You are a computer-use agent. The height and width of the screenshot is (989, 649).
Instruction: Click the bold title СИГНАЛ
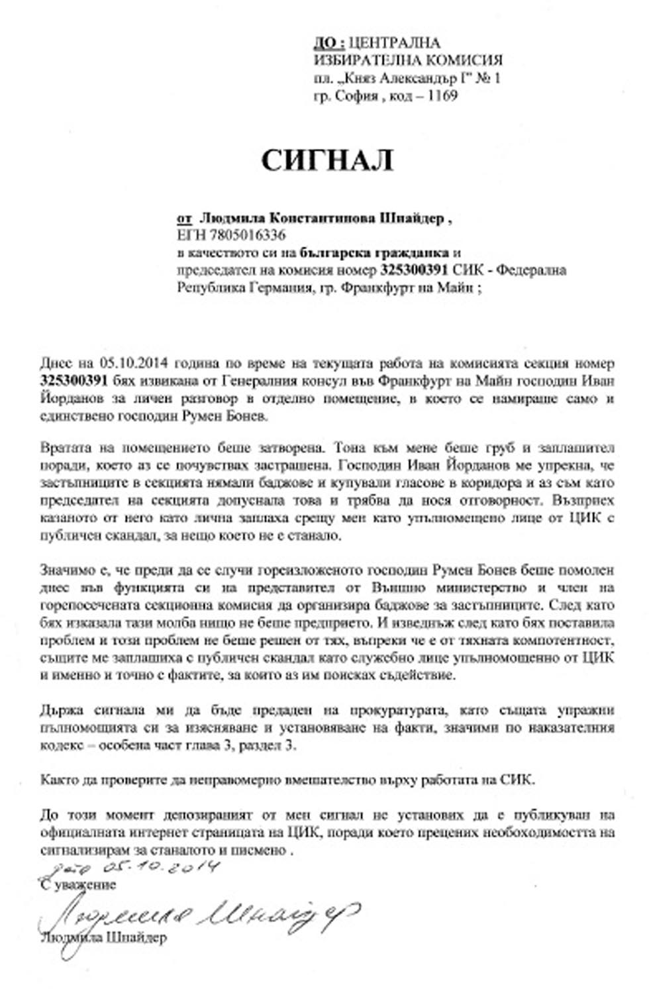pos(327,160)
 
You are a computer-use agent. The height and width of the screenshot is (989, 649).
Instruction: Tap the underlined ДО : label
pos(328,43)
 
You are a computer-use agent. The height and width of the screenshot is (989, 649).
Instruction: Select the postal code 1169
pos(442,95)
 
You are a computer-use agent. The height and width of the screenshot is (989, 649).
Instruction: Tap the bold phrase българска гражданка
pos(374,252)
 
